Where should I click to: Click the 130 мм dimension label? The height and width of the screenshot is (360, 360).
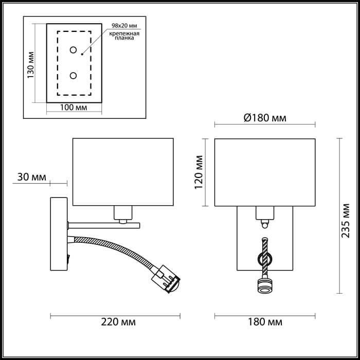(31, 64)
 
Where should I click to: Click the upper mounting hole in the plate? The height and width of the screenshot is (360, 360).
(73, 50)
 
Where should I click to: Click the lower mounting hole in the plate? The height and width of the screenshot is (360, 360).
(73, 76)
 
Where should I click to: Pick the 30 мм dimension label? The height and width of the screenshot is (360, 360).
(31, 177)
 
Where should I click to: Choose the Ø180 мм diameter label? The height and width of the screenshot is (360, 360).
(263, 118)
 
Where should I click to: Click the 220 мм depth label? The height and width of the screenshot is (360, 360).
(118, 322)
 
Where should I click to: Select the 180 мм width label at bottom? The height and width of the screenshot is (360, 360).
(264, 322)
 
